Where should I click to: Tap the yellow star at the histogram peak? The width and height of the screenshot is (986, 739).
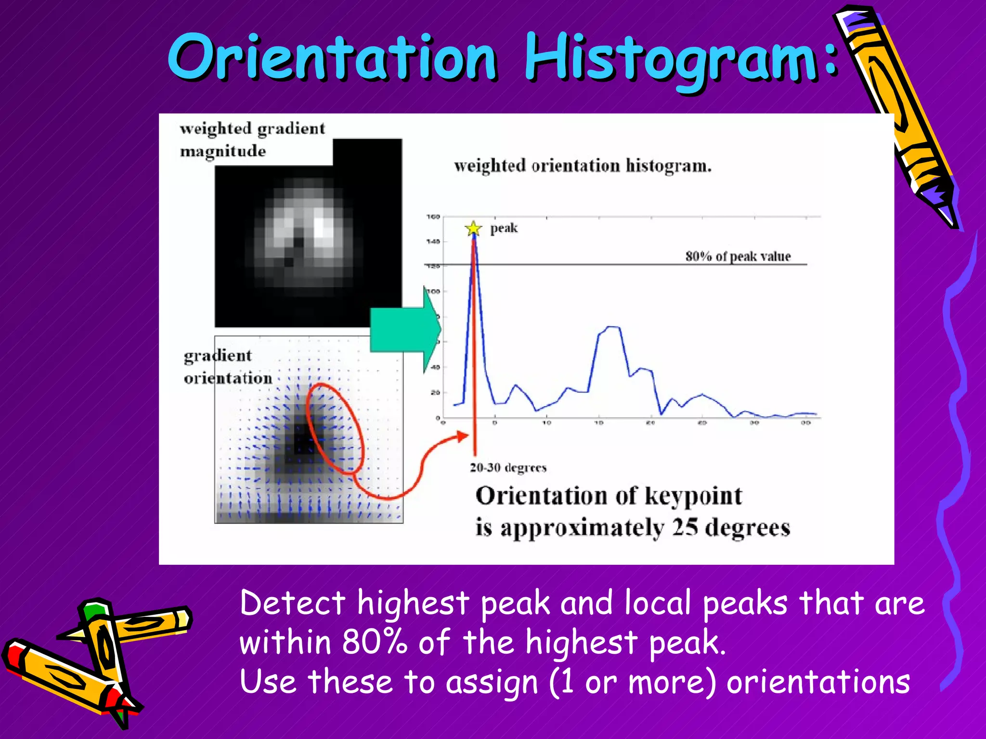pyautogui.click(x=473, y=228)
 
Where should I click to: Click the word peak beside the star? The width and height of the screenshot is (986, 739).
pyautogui.click(x=504, y=228)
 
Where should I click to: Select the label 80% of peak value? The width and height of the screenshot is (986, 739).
pyautogui.click(x=738, y=256)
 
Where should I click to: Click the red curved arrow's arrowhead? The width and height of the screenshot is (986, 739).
pyautogui.click(x=463, y=436)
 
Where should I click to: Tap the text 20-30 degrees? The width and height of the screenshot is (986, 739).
pyautogui.click(x=508, y=468)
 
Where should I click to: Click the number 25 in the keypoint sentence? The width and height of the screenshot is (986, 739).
pyautogui.click(x=685, y=527)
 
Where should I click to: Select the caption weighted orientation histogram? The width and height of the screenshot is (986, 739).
pyautogui.click(x=583, y=166)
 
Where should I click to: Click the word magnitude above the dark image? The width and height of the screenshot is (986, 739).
pyautogui.click(x=222, y=152)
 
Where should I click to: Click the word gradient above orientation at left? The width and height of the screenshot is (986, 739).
pyautogui.click(x=218, y=356)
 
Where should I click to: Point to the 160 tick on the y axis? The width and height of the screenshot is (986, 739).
pyautogui.click(x=433, y=217)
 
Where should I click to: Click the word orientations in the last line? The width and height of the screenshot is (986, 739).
pyautogui.click(x=817, y=682)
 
